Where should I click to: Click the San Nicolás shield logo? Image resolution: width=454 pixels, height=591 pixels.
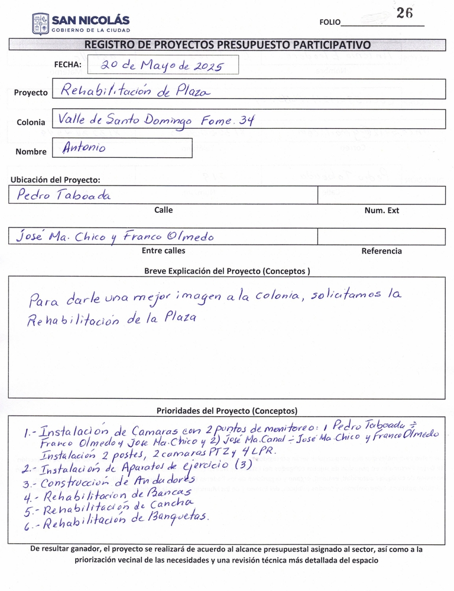[40, 24]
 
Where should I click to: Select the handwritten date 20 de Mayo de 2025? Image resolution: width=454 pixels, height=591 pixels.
[161, 66]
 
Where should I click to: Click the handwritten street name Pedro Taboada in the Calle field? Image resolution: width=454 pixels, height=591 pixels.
[63, 195]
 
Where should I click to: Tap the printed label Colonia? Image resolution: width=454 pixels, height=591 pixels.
[31, 122]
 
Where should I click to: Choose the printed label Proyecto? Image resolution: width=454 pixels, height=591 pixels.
[31, 93]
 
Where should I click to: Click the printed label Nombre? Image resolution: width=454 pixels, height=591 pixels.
[31, 152]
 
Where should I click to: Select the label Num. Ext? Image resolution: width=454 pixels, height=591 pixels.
[381, 210]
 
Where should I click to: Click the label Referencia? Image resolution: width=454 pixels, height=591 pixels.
[381, 251]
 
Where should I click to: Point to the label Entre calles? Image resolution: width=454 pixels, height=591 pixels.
[163, 251]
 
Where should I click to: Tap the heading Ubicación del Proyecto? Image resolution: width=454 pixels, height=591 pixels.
[55, 180]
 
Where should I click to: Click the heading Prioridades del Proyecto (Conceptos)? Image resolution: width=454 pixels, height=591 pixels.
[226, 410]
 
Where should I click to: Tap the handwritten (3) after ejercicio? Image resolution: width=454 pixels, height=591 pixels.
[244, 464]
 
